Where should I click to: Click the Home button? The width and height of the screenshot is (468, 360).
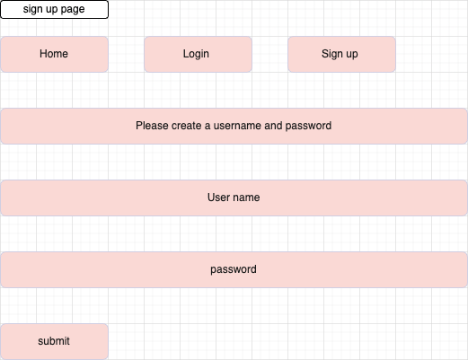click(54, 54)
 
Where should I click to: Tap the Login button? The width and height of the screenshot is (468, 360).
click(198, 54)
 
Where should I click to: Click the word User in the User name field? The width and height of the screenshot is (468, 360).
click(220, 198)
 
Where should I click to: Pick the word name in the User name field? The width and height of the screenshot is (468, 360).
click(247, 198)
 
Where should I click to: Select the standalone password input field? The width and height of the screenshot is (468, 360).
click(234, 269)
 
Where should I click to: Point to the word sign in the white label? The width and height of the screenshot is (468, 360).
click(34, 9)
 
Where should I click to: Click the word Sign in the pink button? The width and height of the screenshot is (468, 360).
click(331, 54)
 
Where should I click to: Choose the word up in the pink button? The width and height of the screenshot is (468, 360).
click(351, 55)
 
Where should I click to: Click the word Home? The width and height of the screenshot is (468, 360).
click(54, 54)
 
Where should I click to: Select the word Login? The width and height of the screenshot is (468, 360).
click(196, 54)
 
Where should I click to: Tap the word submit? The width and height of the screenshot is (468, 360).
click(54, 341)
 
